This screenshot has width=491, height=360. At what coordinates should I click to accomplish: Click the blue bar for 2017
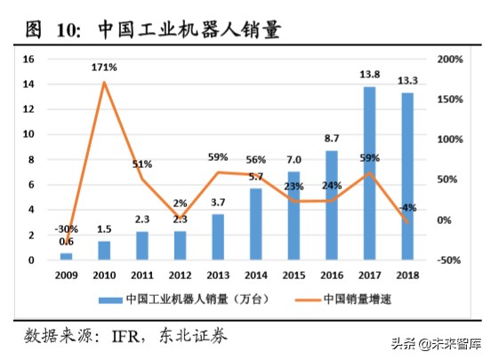pos(369,173)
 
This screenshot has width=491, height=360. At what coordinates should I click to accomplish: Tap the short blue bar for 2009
pos(67,256)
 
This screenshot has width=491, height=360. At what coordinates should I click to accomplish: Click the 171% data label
pos(104,68)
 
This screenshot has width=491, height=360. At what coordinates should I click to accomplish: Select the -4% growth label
pos(407,208)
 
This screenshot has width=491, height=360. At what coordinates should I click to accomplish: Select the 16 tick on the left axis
pos(29,59)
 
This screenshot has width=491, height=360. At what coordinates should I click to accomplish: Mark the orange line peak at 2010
pos(104,83)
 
